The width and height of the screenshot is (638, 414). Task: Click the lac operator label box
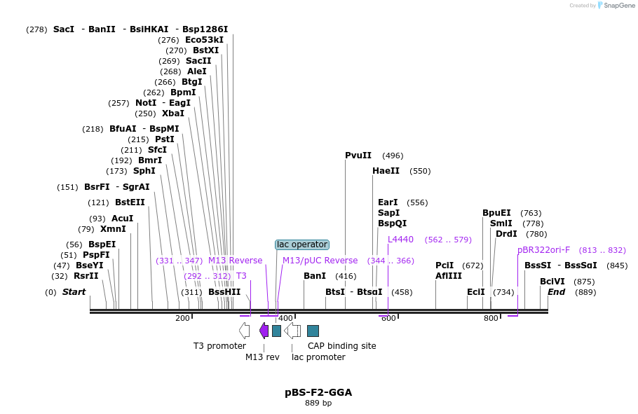(x=302, y=244)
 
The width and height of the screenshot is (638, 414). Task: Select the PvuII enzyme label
(x=358, y=156)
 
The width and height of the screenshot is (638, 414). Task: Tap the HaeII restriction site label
(x=386, y=171)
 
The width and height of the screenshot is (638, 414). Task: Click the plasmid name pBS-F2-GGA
(x=318, y=392)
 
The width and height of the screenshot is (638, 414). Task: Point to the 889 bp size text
(x=318, y=403)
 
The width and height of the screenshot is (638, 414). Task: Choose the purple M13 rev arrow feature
(x=264, y=331)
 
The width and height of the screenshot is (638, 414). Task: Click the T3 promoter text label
(x=219, y=346)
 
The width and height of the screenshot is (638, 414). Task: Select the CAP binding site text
(x=341, y=346)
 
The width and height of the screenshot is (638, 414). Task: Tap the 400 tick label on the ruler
(x=285, y=319)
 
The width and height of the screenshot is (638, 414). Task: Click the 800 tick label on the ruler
(x=491, y=319)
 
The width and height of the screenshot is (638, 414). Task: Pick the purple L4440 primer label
(x=400, y=240)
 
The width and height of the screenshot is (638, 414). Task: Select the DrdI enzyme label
(x=506, y=234)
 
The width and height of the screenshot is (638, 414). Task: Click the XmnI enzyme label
(x=113, y=229)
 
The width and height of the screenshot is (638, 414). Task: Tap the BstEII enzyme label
(x=130, y=202)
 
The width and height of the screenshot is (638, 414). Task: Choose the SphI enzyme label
(x=144, y=171)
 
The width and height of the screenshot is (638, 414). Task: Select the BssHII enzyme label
(x=224, y=292)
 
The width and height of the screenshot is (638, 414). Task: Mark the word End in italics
(x=556, y=292)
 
